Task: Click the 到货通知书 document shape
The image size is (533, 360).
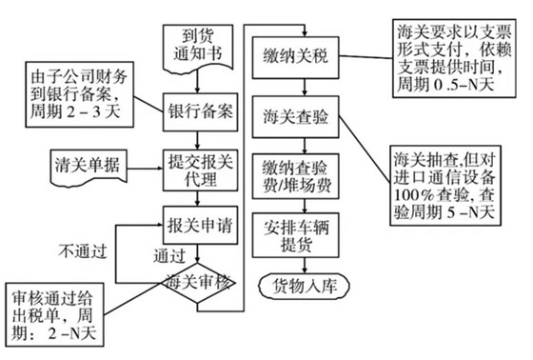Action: [x=195, y=43]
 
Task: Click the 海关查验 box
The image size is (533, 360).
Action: [x=293, y=120]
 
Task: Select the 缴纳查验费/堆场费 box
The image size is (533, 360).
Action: [x=293, y=175]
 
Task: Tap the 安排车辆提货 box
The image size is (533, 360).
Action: [x=293, y=233]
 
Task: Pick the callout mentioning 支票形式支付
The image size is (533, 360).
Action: [x=446, y=58]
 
